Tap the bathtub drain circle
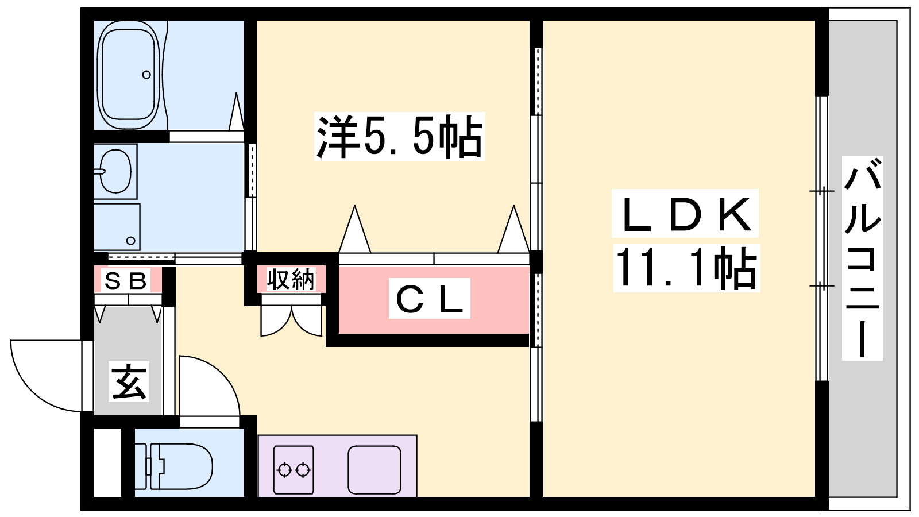(146, 75)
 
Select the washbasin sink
(115, 171)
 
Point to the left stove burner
(284, 470)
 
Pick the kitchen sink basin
(374, 470)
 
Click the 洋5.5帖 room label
(399, 136)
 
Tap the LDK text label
(685, 213)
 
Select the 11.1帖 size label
(686, 268)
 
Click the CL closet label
(429, 298)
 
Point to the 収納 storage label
(291, 279)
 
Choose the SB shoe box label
(126, 280)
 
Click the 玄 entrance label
(129, 381)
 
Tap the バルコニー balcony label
(862, 258)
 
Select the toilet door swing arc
(210, 386)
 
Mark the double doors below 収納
(291, 321)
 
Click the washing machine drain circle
(131, 241)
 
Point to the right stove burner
(303, 470)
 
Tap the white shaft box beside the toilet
(108, 462)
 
